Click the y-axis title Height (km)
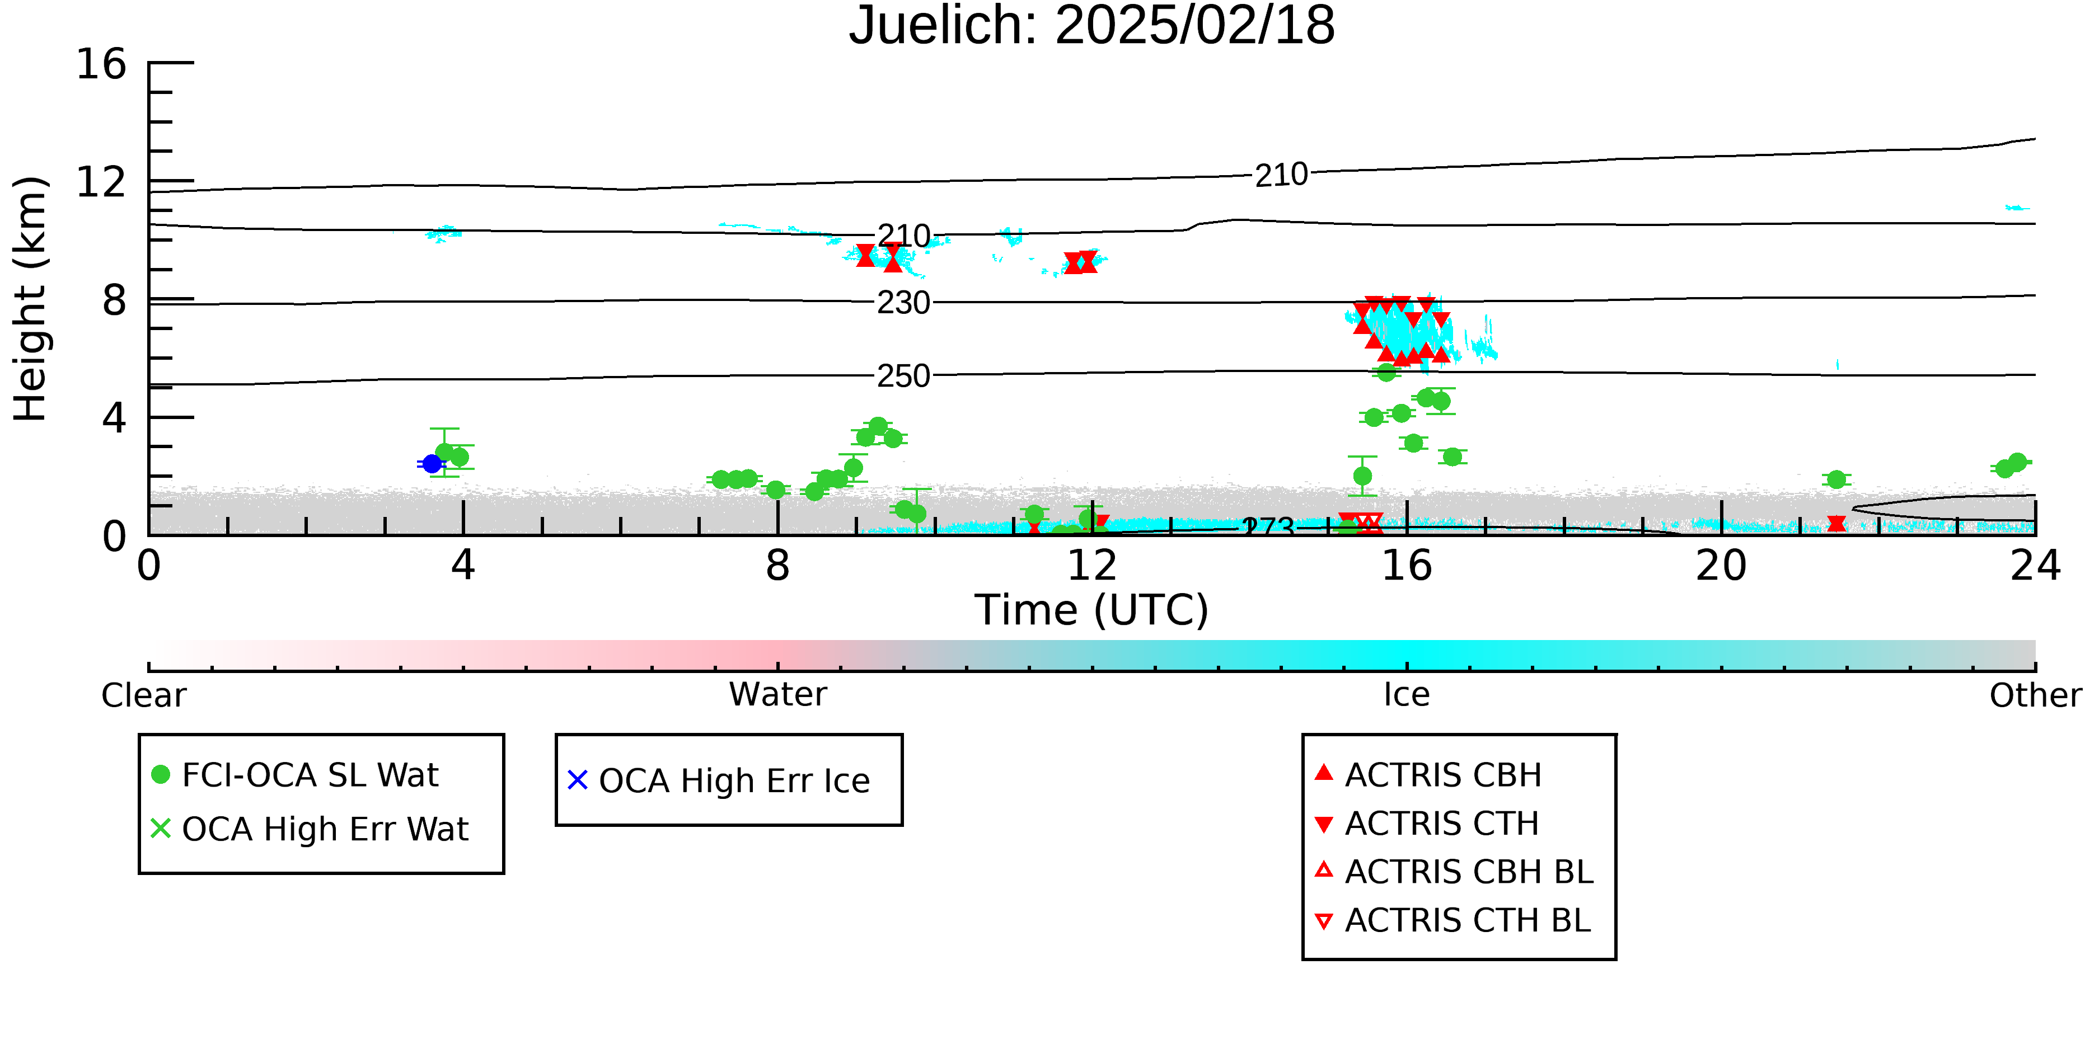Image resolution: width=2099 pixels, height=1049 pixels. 30,299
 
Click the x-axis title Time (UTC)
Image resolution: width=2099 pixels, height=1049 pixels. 1092,610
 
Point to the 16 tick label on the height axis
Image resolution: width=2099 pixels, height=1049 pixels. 101,64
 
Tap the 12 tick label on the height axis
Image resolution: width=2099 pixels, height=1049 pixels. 101,182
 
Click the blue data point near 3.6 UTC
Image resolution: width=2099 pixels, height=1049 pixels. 432,463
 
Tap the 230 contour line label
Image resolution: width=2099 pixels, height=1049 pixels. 903,303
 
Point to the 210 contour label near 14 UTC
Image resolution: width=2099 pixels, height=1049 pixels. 1281,175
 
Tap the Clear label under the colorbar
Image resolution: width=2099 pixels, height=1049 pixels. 143,695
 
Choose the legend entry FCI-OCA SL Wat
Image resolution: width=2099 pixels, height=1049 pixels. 295,774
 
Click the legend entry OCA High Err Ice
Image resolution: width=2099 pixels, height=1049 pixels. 719,780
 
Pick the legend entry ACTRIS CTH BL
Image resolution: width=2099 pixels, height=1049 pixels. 1453,920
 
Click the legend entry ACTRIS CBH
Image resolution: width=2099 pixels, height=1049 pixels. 1428,774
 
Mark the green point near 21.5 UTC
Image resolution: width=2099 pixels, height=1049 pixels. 1836,479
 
